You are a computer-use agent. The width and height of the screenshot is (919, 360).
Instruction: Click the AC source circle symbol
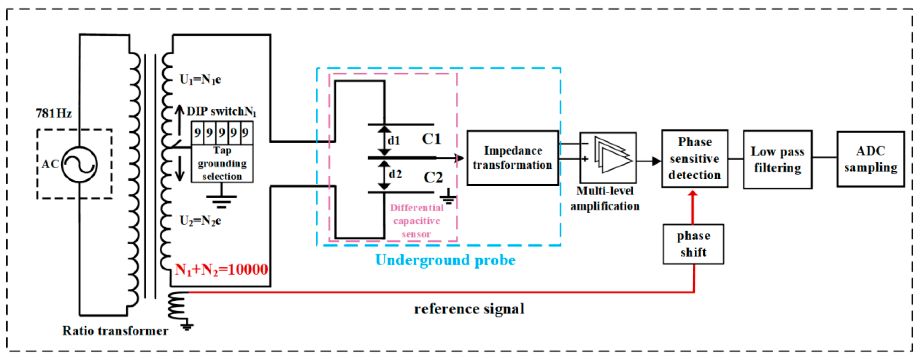coord(79,165)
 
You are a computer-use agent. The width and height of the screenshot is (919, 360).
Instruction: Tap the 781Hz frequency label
coord(54,113)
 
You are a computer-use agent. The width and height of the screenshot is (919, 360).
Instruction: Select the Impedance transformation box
coord(512,158)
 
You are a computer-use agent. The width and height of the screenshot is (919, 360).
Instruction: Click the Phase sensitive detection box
coord(694,159)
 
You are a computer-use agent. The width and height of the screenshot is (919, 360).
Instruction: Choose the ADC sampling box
coord(871,159)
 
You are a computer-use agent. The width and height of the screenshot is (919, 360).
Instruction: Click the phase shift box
coord(693,244)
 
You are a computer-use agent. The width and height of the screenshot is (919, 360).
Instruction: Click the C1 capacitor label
coord(431,139)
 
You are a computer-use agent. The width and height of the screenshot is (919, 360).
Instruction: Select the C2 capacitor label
coord(433,177)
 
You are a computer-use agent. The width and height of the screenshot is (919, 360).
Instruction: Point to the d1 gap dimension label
coord(394,141)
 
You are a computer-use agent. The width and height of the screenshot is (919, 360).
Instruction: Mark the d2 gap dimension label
coord(395,174)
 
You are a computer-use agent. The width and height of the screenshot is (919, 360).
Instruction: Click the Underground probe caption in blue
coord(445,260)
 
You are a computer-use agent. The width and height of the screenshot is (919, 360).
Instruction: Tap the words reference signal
coord(469,309)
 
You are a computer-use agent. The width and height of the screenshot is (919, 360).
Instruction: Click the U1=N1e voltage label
coord(200,79)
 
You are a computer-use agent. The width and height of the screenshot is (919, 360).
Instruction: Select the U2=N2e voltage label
coord(200,221)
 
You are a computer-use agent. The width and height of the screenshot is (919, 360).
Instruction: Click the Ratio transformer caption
coord(115,331)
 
